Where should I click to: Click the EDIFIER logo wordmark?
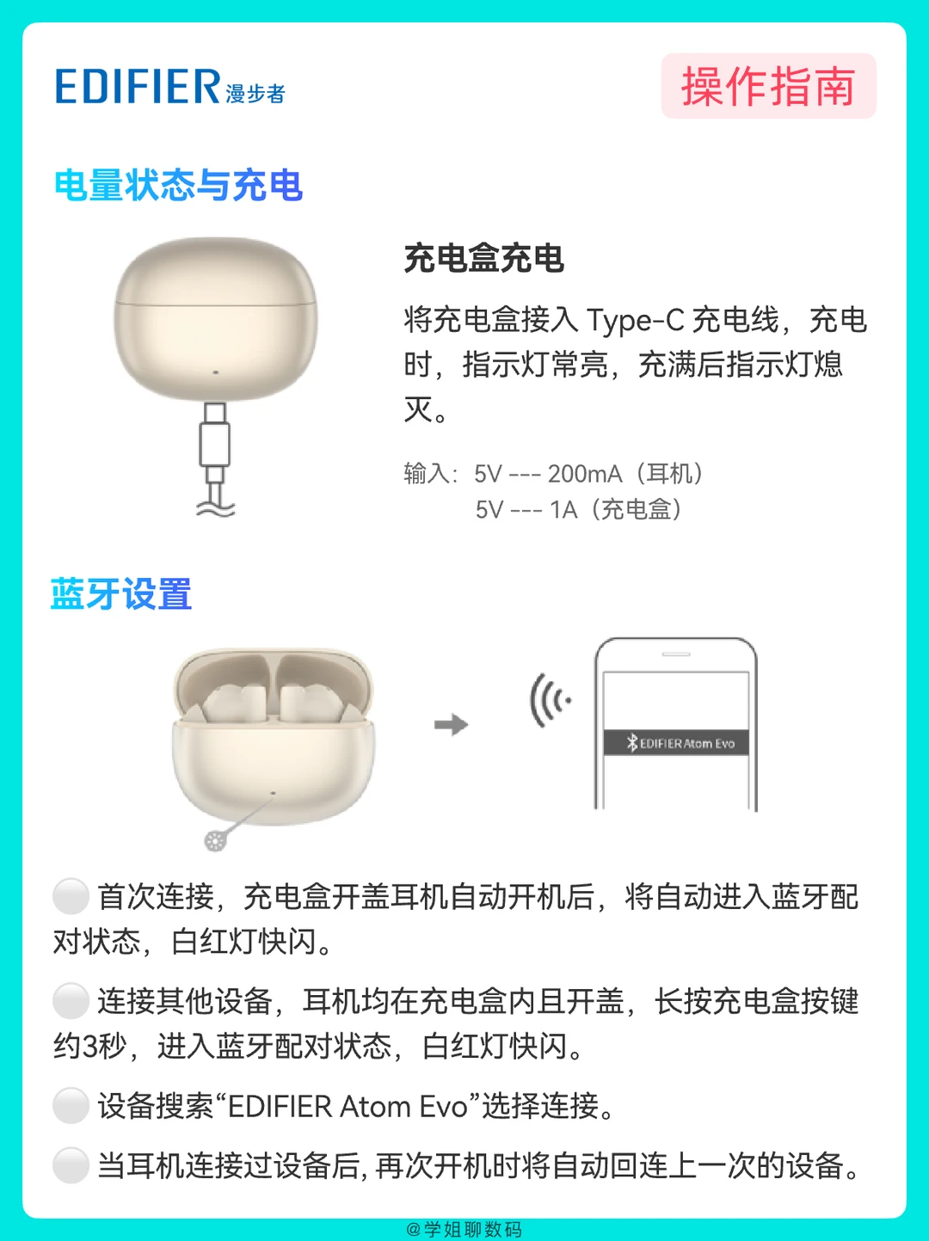138,87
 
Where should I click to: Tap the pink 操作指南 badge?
768,86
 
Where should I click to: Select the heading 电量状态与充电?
179,185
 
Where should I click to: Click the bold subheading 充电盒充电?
484,258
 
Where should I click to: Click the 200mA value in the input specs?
585,474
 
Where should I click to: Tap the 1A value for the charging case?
563,510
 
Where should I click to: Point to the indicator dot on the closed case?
215,372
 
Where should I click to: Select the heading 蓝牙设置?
121,593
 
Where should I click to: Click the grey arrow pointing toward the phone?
452,724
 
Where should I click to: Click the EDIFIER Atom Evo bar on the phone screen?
676,743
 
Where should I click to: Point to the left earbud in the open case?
233,703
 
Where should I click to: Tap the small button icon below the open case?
215,841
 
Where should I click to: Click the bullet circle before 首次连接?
71,896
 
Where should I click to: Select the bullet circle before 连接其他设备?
71,1001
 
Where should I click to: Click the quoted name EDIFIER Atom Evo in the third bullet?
348,1107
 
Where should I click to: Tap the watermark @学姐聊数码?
464,1229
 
